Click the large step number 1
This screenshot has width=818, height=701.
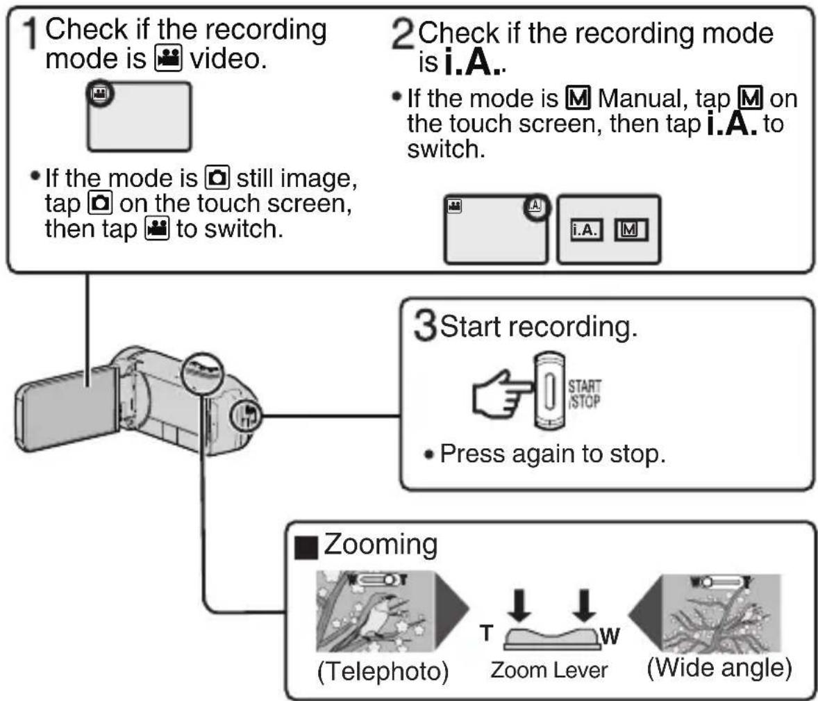pos(31,34)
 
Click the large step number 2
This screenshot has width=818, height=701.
pos(403,35)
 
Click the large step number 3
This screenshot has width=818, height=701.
pos(425,326)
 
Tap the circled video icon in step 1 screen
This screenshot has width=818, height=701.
pos(99,94)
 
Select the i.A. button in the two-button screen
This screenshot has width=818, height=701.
pos(585,230)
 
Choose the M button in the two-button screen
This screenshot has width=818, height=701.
pos(631,230)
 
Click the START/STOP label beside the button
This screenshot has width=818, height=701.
pos(584,394)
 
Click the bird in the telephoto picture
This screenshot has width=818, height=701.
pos(381,616)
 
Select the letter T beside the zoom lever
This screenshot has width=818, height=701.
pos(486,633)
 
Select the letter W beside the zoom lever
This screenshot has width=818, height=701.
pos(610,636)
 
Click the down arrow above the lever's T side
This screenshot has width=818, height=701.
pos(519,606)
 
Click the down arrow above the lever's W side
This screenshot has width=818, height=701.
pos(584,606)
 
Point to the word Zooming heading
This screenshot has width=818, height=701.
pos(381,545)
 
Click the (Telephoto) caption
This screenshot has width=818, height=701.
pos(383,671)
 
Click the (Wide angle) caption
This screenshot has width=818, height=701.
pos(719,668)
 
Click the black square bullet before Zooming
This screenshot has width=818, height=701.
pos(306,547)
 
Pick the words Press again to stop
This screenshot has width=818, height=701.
pos(553,454)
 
